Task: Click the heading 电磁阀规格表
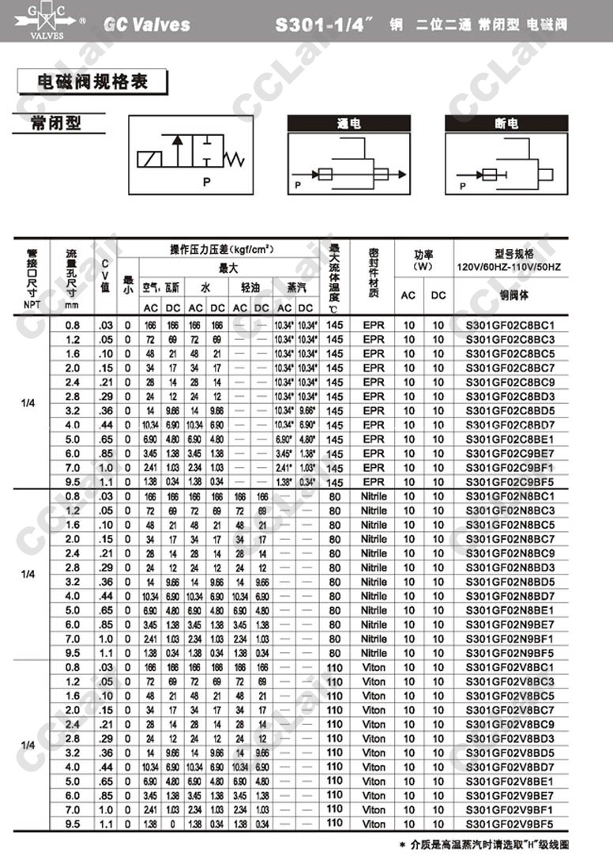93,81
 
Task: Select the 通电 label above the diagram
348,124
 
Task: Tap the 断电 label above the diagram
506,124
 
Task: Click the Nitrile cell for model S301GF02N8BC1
374,496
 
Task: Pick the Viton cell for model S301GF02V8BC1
374,667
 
